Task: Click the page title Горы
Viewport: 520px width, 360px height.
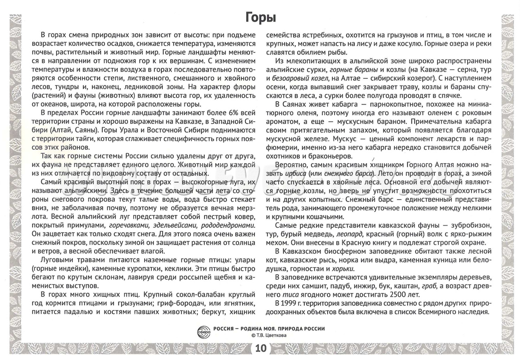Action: [261, 18]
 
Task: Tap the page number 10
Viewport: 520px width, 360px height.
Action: [261, 348]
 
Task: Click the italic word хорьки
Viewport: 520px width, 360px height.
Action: [343, 269]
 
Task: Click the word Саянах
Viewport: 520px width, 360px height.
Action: [292, 104]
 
